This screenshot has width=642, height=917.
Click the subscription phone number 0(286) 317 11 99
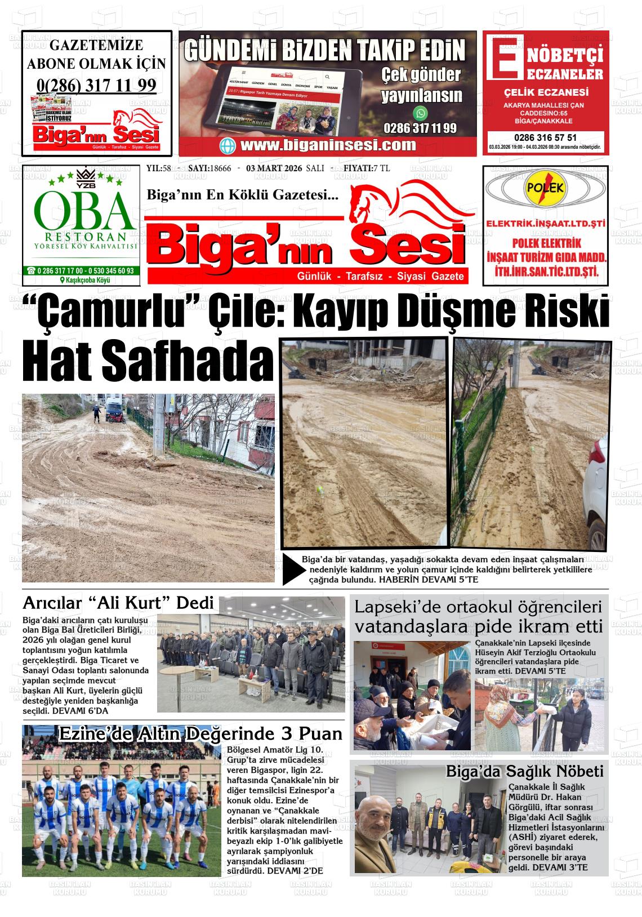pos(96,85)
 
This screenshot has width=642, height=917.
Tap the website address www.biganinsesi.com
pos(328,145)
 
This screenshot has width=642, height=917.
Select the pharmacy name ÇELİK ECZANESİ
pos(546,93)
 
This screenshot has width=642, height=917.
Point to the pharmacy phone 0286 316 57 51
pos(545,137)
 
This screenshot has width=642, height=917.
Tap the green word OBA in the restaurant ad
pos(84,210)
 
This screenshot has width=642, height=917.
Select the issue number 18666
pos(220,168)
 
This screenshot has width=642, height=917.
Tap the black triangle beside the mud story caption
pos(292,571)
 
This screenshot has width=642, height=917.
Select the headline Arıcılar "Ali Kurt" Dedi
pos(118,603)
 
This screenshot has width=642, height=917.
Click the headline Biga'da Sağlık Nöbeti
pos(524,771)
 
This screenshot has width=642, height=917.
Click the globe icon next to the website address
pos(229,145)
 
